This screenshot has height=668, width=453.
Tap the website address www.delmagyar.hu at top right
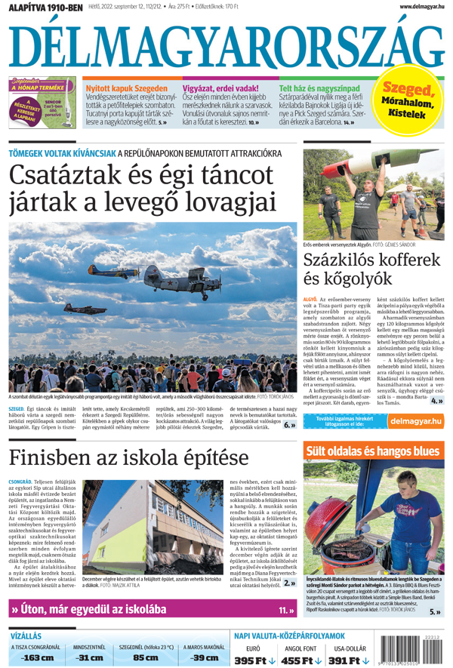tap(416, 7)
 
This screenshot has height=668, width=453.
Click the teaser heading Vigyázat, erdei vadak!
tap(220, 88)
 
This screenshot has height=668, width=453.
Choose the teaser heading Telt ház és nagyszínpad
tap(319, 88)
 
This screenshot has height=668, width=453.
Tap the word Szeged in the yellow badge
tap(408, 90)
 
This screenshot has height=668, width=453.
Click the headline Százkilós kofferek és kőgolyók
tap(371, 269)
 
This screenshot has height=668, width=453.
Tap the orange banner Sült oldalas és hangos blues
tap(372, 451)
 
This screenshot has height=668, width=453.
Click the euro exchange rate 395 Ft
tap(254, 660)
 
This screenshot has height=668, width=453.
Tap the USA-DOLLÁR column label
tap(350, 647)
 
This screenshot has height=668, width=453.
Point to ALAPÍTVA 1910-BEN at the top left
tap(46, 7)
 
